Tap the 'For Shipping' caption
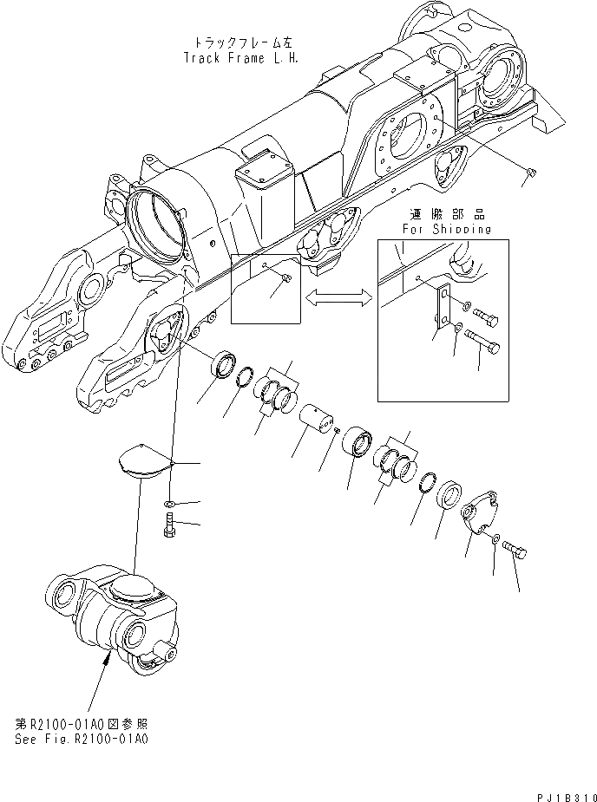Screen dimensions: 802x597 coord(446,230)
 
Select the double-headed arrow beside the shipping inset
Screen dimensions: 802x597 coord(339,297)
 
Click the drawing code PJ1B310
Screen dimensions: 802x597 coord(561,793)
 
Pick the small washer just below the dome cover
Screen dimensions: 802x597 coord(170,504)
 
